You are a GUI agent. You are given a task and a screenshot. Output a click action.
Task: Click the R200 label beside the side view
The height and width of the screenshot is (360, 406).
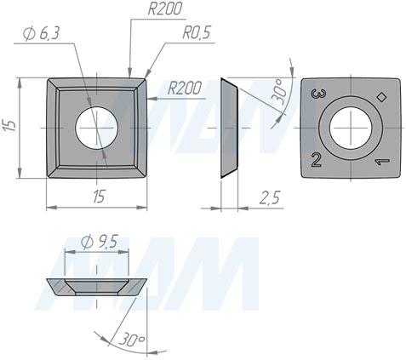[186, 88]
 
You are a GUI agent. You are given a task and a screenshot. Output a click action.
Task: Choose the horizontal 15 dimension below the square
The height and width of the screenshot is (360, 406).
[99, 197]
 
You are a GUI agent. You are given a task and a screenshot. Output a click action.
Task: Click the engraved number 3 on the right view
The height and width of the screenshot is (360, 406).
[318, 94]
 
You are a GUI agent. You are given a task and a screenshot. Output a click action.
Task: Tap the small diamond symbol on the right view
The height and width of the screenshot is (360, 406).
[381, 96]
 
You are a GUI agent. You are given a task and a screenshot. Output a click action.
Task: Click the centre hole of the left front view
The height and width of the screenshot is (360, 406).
[97, 127]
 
